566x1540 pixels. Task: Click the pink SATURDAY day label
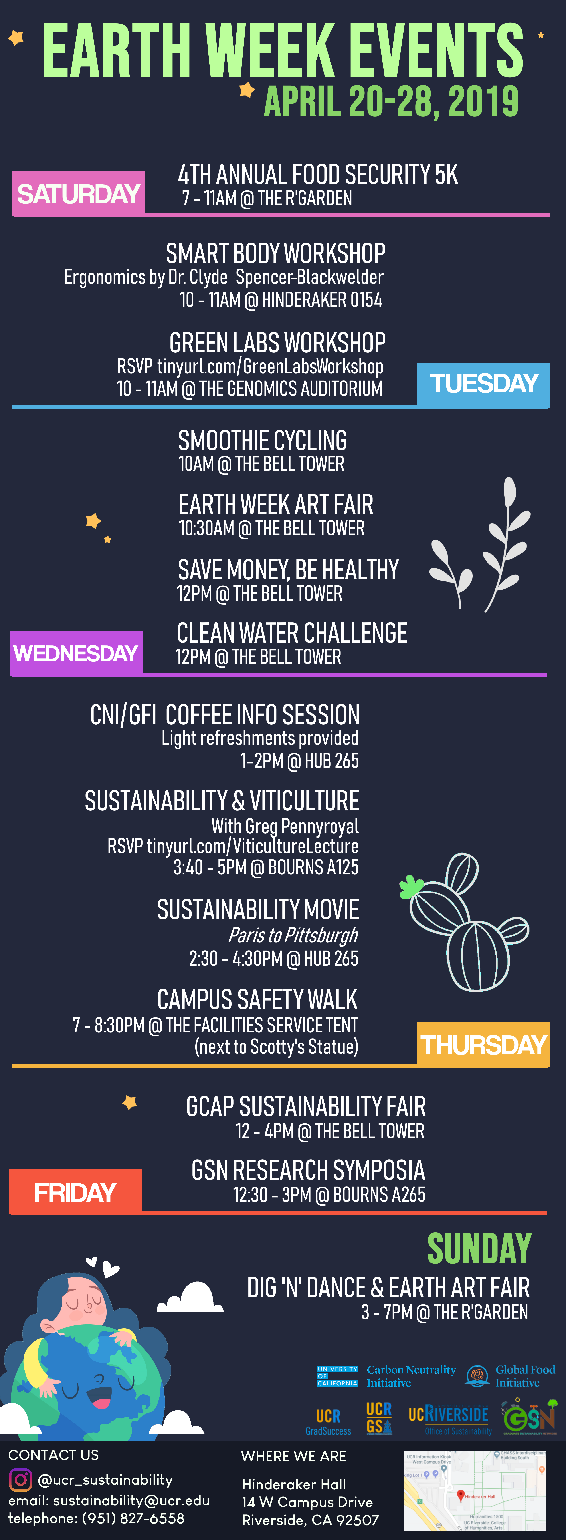[78, 194]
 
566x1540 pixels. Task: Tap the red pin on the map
[460, 1494]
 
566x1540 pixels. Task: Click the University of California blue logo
[337, 1376]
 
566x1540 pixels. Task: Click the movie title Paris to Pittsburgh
[293, 935]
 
